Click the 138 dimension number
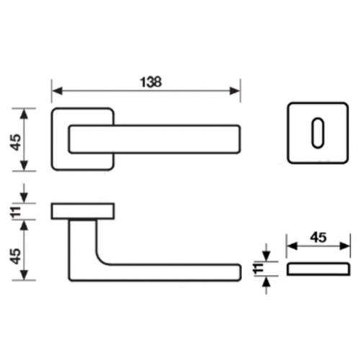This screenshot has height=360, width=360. pyautogui.click(x=150, y=82)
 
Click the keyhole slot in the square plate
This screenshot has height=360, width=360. pyautogui.click(x=318, y=132)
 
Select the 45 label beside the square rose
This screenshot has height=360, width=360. pyautogui.click(x=17, y=142)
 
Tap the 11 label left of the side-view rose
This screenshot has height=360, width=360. pyautogui.click(x=17, y=212)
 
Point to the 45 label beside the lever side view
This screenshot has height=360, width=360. pyautogui.click(x=17, y=256)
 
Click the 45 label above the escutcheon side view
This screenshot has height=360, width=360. pyautogui.click(x=318, y=238)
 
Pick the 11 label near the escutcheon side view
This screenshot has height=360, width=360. pyautogui.click(x=258, y=269)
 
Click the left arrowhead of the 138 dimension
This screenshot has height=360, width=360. pyautogui.click(x=57, y=91)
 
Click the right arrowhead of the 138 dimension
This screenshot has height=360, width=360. pyautogui.click(x=235, y=91)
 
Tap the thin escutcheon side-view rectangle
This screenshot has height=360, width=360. pyautogui.click(x=318, y=269)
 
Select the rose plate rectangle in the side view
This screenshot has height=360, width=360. pyautogui.click(x=83, y=211)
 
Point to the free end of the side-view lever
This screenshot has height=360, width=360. pyautogui.click(x=240, y=272)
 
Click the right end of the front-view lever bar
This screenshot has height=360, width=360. pyautogui.click(x=240, y=139)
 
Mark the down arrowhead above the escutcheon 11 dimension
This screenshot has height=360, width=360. pyautogui.click(x=266, y=256)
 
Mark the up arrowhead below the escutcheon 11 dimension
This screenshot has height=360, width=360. pyautogui.click(x=266, y=282)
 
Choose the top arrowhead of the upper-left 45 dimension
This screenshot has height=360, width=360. pyautogui.click(x=24, y=114)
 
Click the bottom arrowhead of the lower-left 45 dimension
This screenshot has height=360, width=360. pyautogui.click(x=24, y=274)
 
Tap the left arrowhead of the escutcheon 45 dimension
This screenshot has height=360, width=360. pyautogui.click(x=292, y=246)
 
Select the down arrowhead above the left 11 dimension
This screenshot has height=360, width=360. pyautogui.click(x=24, y=197)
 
